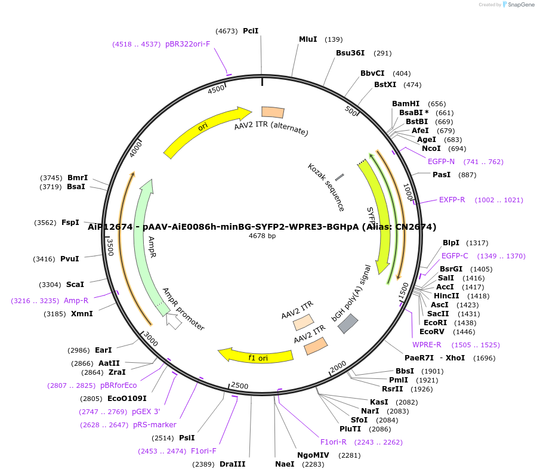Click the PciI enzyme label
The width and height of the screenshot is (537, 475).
click(251, 31)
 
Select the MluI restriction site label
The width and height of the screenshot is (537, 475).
click(308, 39)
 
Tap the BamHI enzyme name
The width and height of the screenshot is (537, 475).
click(406, 104)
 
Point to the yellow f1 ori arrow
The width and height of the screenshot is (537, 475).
click(257, 356)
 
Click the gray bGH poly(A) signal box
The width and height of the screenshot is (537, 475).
click(348, 323)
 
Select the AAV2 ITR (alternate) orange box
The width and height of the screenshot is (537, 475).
click(273, 112)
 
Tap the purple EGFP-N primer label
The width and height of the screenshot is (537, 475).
click(441, 162)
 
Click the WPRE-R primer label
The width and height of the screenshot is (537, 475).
click(427, 345)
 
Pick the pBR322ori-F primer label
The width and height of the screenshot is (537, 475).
click(187, 44)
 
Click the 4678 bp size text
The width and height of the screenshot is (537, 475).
click(262, 236)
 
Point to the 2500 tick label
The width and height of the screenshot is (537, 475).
click(239, 386)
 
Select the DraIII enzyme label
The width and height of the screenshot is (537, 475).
click(232, 464)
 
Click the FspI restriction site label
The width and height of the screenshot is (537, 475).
click(70, 223)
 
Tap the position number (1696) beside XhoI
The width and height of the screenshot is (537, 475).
click(484, 358)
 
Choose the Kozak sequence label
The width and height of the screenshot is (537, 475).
click(326, 187)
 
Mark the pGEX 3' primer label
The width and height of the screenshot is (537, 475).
click(146, 412)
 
